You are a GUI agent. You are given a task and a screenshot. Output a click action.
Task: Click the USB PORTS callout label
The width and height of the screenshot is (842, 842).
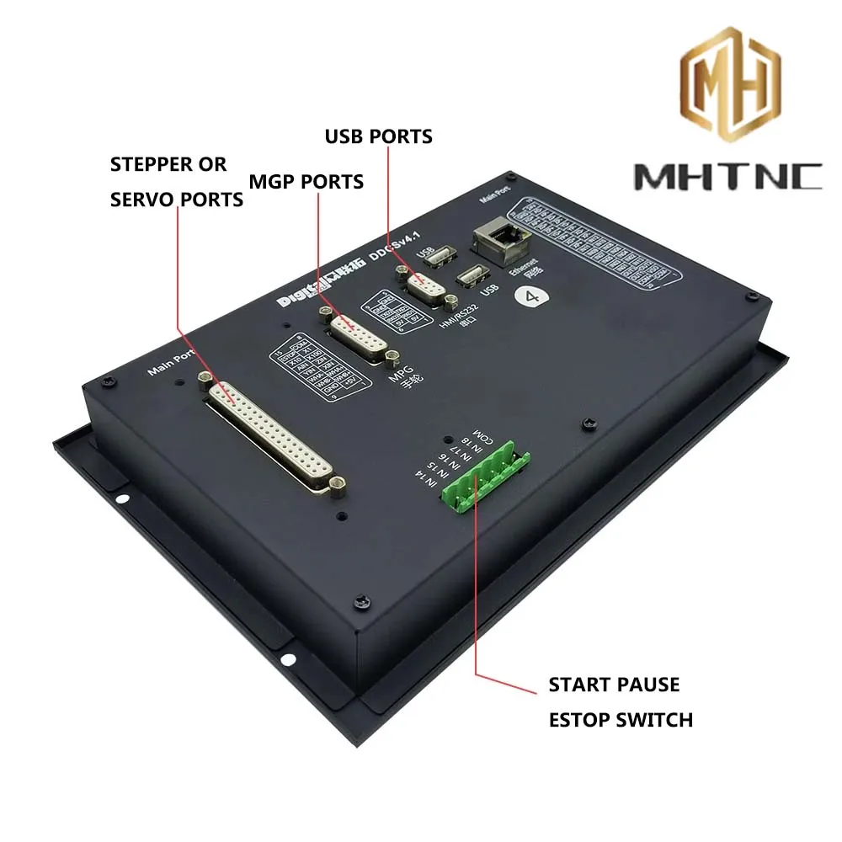(x=379, y=136)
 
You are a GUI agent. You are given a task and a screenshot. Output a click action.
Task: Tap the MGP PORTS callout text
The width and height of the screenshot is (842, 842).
(x=306, y=181)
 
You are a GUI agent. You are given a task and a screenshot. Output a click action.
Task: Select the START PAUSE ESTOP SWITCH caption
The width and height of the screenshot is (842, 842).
(x=621, y=701)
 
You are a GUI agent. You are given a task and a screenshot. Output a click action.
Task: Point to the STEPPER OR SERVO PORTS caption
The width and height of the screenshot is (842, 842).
(x=177, y=181)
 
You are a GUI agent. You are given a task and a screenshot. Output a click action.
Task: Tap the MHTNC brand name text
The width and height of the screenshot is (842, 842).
(x=727, y=176)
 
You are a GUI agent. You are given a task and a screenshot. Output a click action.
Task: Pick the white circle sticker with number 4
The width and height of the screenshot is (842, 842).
(x=531, y=297)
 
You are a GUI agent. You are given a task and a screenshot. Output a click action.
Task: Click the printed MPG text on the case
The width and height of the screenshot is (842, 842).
(x=399, y=376)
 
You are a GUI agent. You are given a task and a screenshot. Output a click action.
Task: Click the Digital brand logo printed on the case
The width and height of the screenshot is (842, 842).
(x=310, y=294)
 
